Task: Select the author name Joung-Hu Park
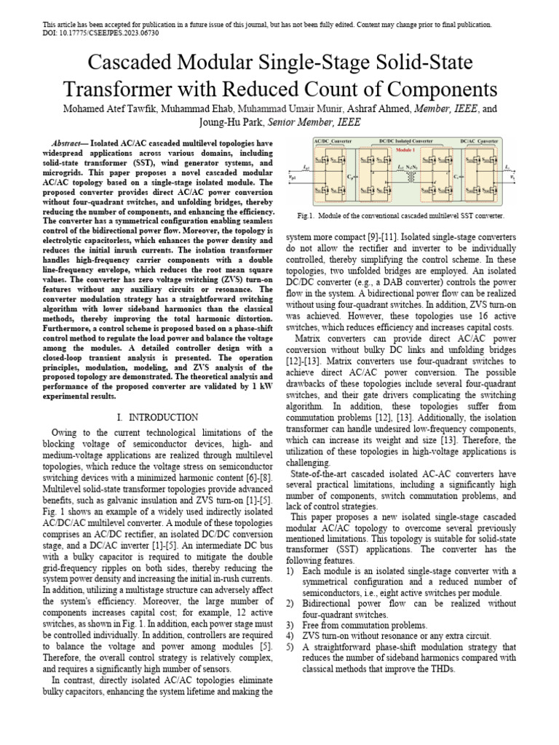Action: pyautogui.click(x=228, y=123)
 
